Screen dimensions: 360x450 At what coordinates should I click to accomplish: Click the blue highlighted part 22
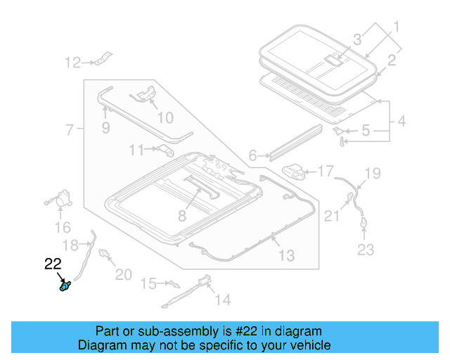coord(65,287)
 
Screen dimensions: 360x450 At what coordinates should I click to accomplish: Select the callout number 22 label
coord(53,264)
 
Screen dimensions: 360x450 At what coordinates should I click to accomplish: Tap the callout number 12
coord(73,63)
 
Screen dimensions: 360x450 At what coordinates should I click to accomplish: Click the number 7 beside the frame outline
coord(70,130)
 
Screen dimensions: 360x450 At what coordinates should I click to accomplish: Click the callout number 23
coord(366,249)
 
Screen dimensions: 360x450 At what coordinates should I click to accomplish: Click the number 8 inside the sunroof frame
coord(182,215)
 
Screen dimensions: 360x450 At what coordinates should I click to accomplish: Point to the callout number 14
coord(222,300)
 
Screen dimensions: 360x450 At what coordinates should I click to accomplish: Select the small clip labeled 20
coord(105,254)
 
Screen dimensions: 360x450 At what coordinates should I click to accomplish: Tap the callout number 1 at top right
coord(395,28)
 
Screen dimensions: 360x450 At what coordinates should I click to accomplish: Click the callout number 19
coord(372,172)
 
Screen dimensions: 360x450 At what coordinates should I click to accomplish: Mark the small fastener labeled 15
coord(170,284)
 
